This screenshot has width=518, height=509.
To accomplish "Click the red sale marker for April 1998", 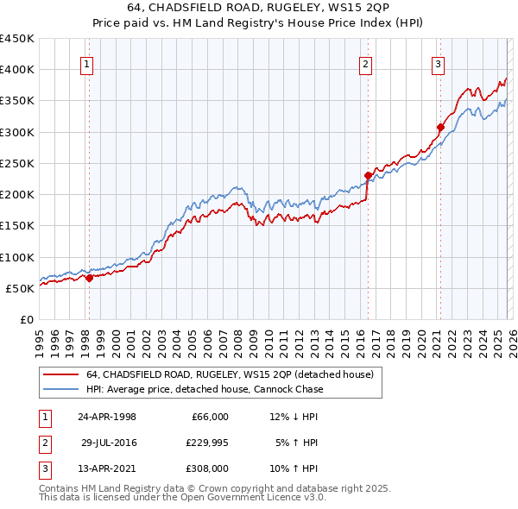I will [89, 278].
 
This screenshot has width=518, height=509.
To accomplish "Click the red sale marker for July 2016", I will [368, 175].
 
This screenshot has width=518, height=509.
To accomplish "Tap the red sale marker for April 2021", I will [439, 127].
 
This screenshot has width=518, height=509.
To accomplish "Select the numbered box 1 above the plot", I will [88, 63].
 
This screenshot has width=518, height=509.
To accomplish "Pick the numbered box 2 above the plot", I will [366, 63].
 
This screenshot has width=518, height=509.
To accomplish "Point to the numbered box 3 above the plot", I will [438, 63].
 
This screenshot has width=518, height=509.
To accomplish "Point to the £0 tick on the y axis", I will [28, 319].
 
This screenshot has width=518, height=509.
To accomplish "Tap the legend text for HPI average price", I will [205, 389].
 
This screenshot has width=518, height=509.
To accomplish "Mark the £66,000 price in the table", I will [208, 417].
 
